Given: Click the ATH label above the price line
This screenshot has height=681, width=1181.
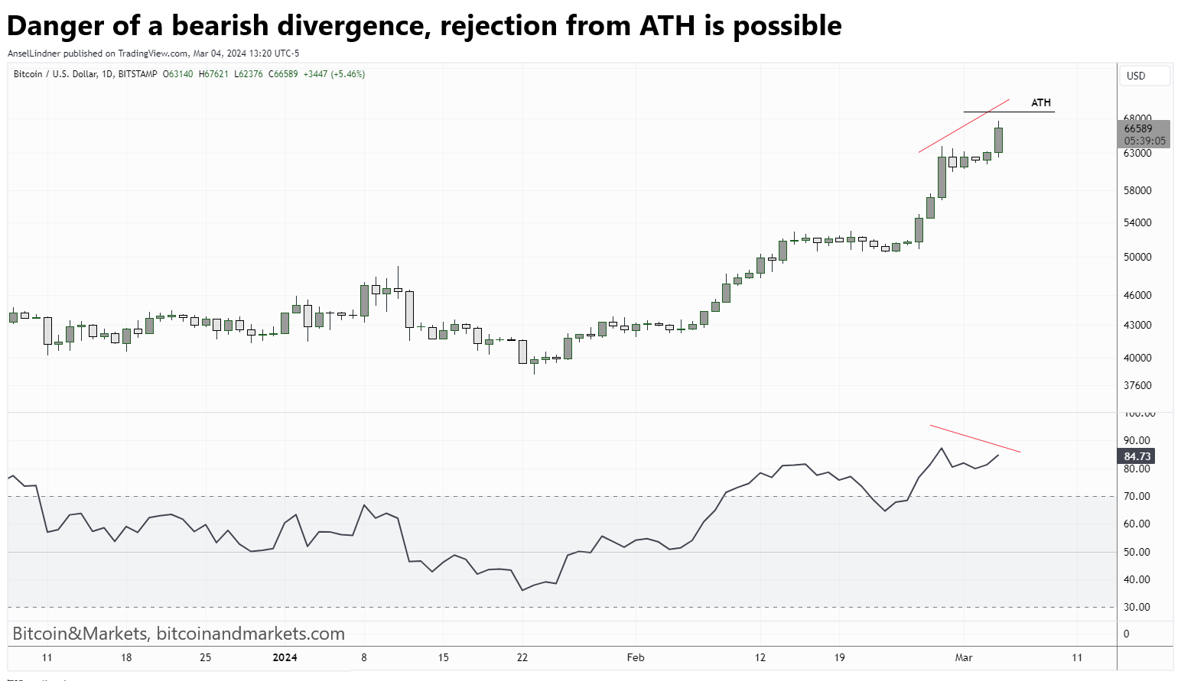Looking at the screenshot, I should tap(1040, 102).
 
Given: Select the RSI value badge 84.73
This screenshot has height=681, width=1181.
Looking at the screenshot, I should tap(1137, 456).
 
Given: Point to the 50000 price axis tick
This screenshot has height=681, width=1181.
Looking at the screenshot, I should tap(1137, 257).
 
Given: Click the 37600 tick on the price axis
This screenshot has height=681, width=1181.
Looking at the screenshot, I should tap(1137, 385).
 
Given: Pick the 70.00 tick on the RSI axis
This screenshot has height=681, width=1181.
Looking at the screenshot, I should tap(1136, 496).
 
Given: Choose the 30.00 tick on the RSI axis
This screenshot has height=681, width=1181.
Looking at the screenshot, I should tap(1136, 607).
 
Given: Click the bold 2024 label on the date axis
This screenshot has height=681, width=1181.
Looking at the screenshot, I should tap(285, 657).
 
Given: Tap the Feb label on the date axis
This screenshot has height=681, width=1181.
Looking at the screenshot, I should tap(635, 657).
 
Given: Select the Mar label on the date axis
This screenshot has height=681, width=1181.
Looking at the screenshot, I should tap(963, 657).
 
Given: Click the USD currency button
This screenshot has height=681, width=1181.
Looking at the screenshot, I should tap(1136, 76).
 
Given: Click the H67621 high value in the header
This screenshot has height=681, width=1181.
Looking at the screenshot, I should tap(213, 74).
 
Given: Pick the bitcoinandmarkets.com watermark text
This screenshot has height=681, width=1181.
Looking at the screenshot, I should tap(250, 634).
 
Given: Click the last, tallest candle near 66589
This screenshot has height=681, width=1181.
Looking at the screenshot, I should tap(998, 140).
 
